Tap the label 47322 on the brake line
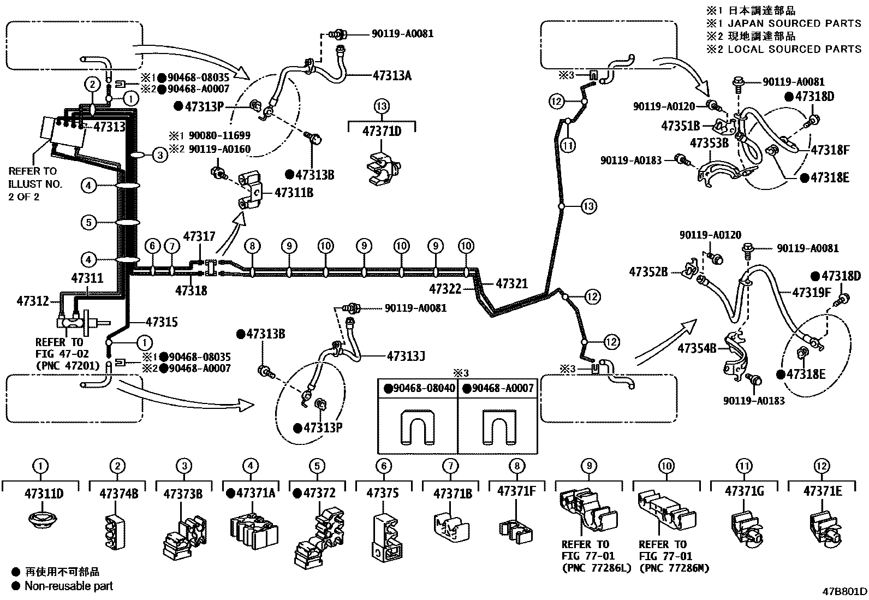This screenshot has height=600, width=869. [445, 289]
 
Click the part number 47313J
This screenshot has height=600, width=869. [406, 357]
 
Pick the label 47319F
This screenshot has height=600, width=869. [811, 293]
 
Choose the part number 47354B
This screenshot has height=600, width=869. [697, 347]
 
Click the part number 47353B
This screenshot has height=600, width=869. [710, 144]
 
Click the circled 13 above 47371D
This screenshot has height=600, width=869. [382, 105]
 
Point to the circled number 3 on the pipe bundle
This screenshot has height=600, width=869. [159, 155]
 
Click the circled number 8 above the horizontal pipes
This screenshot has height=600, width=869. [252, 246]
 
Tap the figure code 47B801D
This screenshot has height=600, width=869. [845, 591]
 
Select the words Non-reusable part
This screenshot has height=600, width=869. [69, 586]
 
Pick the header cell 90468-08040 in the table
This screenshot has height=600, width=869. [418, 389]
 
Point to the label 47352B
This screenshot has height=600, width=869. [648, 272]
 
